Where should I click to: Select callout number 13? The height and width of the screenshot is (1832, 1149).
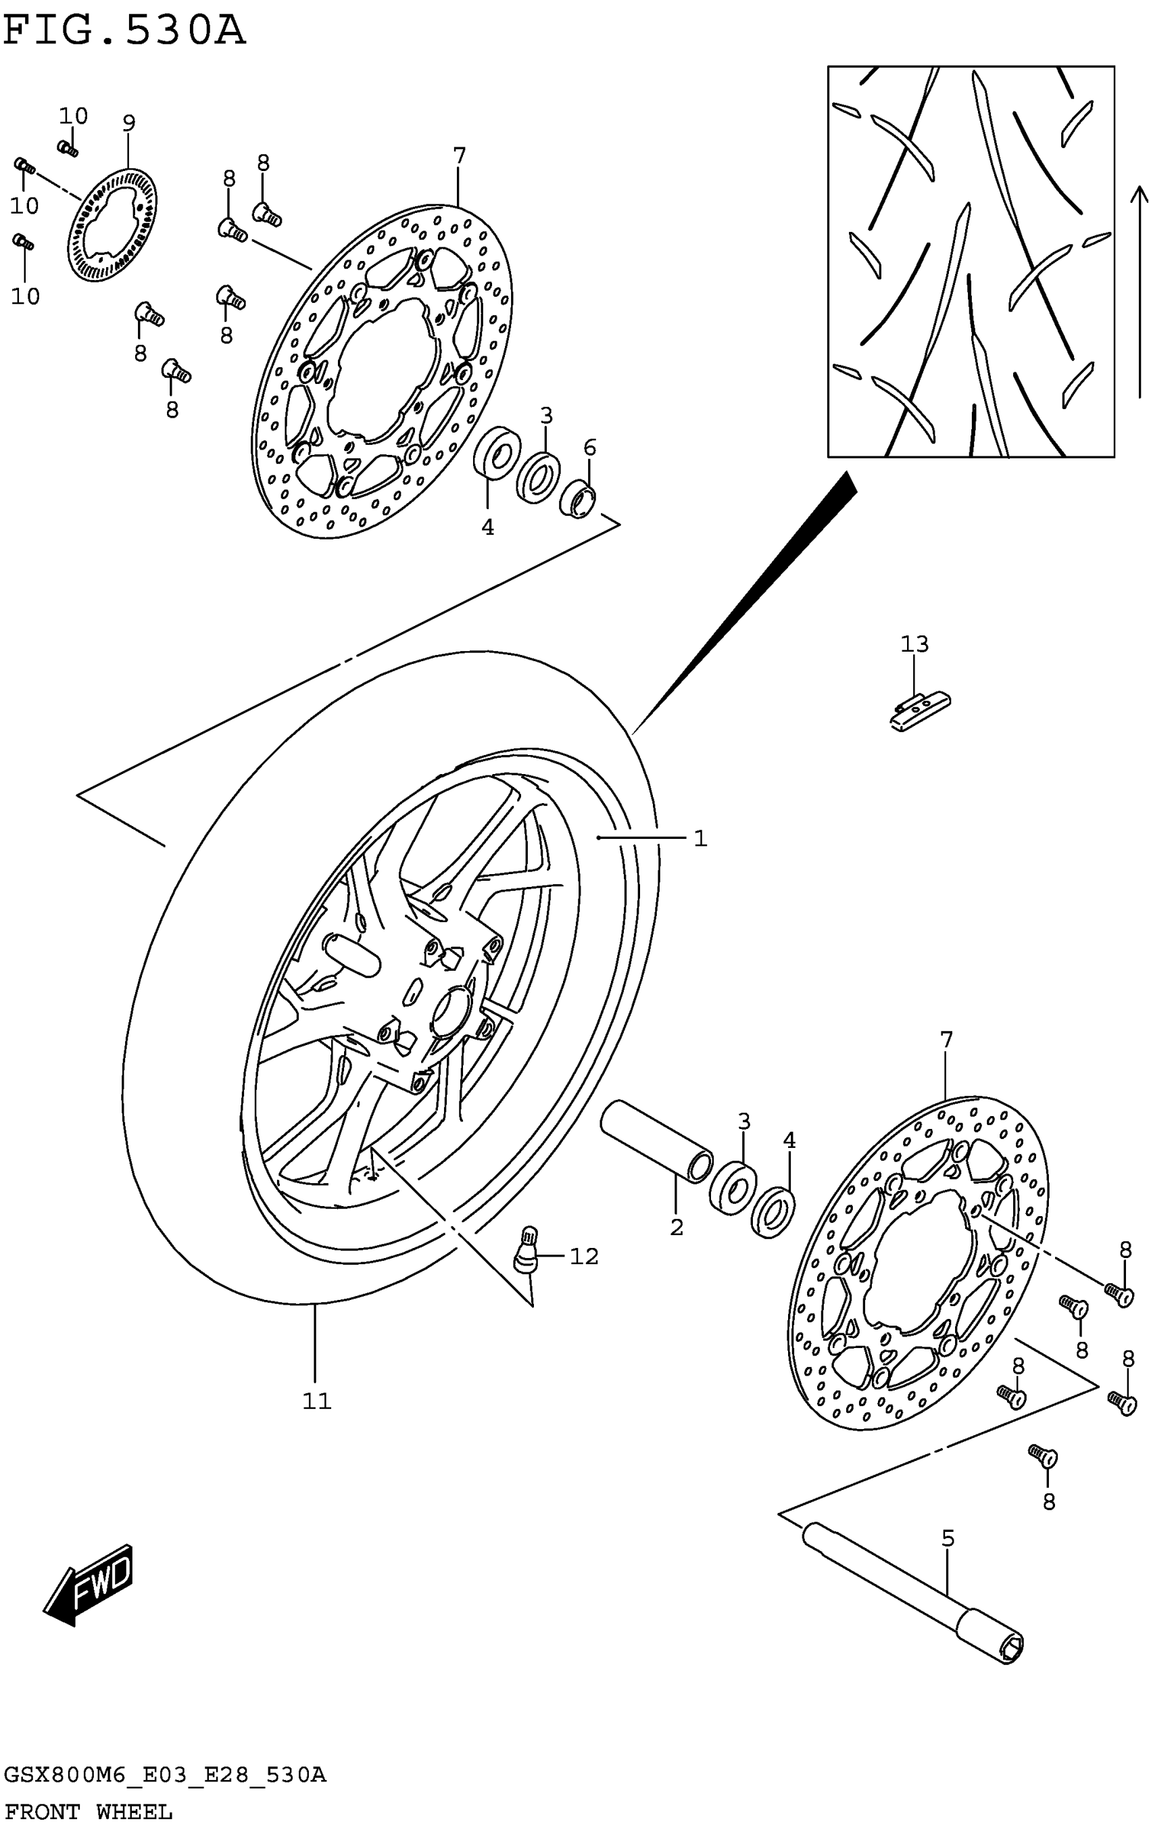(914, 644)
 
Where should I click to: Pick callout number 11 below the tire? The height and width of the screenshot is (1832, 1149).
(317, 1401)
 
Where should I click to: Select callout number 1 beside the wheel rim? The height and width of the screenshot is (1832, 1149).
(700, 839)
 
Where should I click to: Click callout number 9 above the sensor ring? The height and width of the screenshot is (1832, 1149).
(128, 123)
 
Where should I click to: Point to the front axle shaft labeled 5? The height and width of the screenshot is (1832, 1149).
(912, 1588)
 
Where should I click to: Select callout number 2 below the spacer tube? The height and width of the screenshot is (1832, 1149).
(677, 1227)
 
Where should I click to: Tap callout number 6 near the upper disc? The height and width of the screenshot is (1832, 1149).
(589, 448)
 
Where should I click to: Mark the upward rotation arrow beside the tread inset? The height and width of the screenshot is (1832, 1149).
(1138, 293)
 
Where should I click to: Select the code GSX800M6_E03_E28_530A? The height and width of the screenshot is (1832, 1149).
(165, 1775)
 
